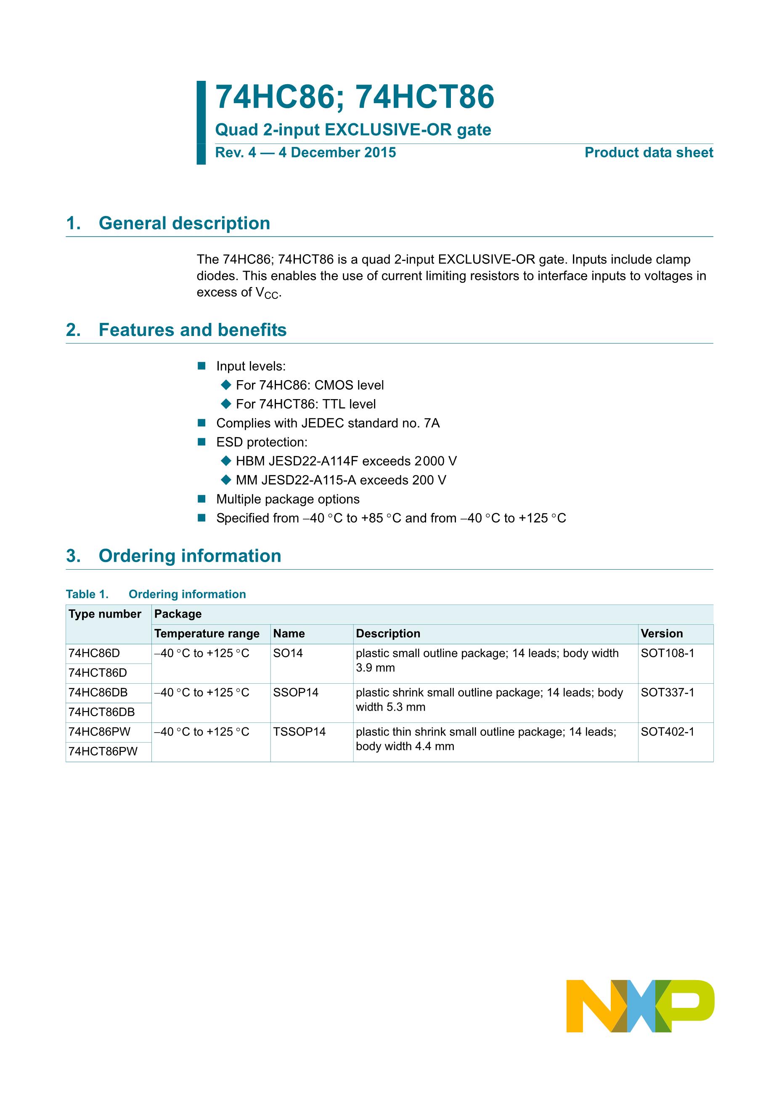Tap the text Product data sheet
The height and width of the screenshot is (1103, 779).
(649, 153)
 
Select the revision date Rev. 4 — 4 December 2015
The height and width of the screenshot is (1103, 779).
(305, 153)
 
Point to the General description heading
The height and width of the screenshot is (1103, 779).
(184, 224)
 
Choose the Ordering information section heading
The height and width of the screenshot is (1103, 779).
(190, 556)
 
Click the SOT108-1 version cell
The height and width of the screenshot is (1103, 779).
(667, 653)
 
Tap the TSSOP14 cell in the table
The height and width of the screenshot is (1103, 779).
(299, 732)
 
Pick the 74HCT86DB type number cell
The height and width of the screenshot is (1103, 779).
(102, 712)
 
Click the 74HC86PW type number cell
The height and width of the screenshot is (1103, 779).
(99, 732)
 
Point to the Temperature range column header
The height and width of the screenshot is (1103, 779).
(207, 634)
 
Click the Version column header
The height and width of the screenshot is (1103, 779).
(661, 634)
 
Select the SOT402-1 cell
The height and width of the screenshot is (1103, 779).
(667, 732)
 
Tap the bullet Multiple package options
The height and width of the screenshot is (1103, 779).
(288, 499)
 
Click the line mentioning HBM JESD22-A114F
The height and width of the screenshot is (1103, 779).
(346, 461)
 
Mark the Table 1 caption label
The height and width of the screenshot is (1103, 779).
(87, 594)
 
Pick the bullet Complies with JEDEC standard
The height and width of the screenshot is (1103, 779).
(328, 423)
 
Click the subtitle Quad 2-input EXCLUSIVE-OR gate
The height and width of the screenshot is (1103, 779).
(353, 130)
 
